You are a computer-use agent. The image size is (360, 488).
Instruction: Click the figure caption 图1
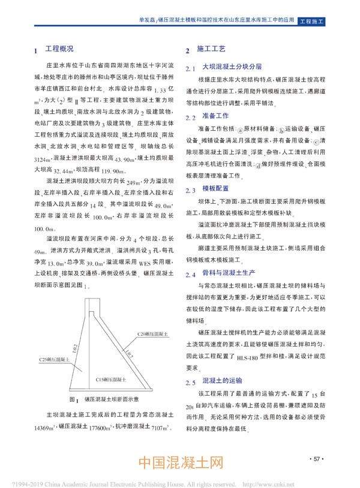pyautogui.click(x=74, y=398)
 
